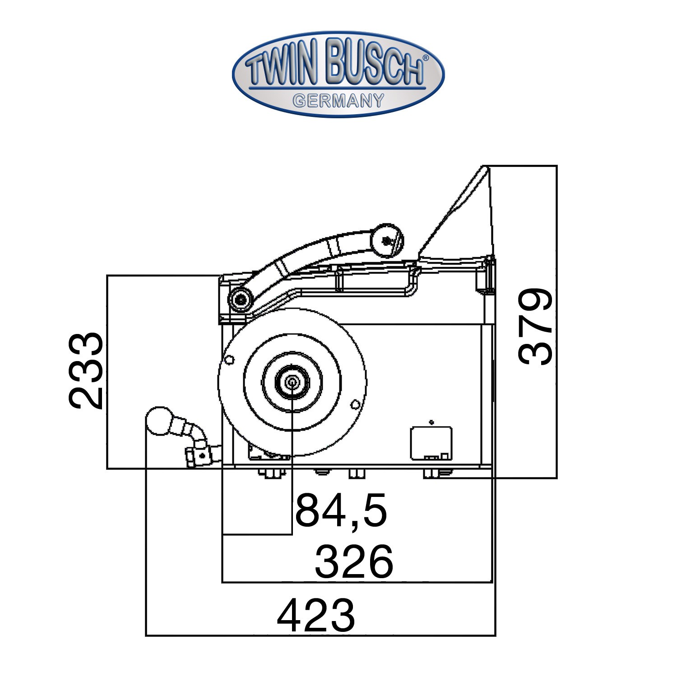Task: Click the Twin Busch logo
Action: coord(338,74)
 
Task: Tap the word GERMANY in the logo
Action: coord(338,100)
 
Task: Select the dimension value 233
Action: coord(86,371)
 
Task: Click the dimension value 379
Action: coord(535,326)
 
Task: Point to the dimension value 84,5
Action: coord(341,510)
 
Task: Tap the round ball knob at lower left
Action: coord(159,421)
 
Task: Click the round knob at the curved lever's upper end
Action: coord(386,241)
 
